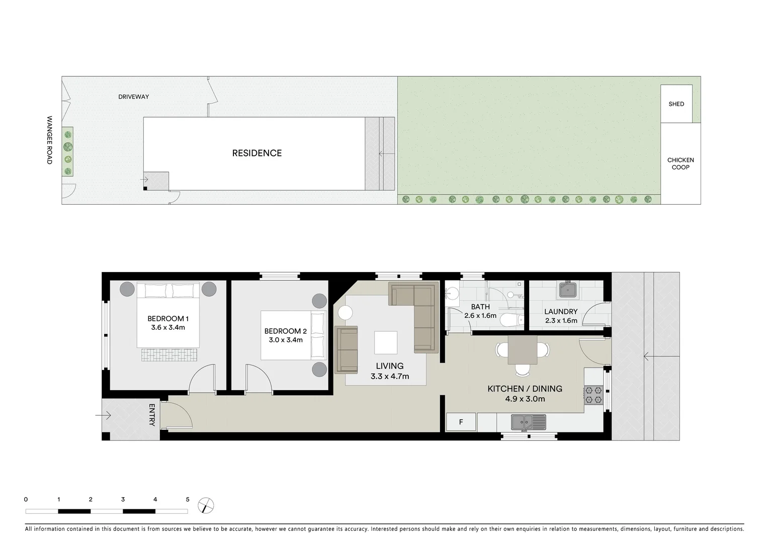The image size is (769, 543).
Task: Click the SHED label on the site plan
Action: point(676,104)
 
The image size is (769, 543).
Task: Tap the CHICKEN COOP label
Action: point(680,163)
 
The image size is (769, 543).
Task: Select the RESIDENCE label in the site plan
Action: point(257,153)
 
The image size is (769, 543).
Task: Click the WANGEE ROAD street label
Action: point(49,140)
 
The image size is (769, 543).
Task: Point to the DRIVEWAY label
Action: point(133,97)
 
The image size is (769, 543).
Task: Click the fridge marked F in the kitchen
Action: point(461,422)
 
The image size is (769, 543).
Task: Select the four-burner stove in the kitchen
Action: point(593,395)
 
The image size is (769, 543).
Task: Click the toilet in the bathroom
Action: point(512,320)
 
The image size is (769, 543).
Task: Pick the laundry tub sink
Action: point(569,290)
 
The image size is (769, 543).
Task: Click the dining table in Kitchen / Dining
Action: point(522,349)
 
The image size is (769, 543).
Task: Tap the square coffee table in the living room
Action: point(385,342)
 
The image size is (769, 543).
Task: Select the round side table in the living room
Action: point(345,313)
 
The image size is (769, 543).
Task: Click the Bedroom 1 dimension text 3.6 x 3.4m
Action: point(168,327)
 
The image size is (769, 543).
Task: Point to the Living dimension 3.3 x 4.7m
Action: point(389,376)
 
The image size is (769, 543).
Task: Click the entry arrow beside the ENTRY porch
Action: point(103,415)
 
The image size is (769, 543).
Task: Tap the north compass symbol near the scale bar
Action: point(206,505)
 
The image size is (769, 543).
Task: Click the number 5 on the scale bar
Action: point(188,499)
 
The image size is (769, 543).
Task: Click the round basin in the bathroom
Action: point(452,293)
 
